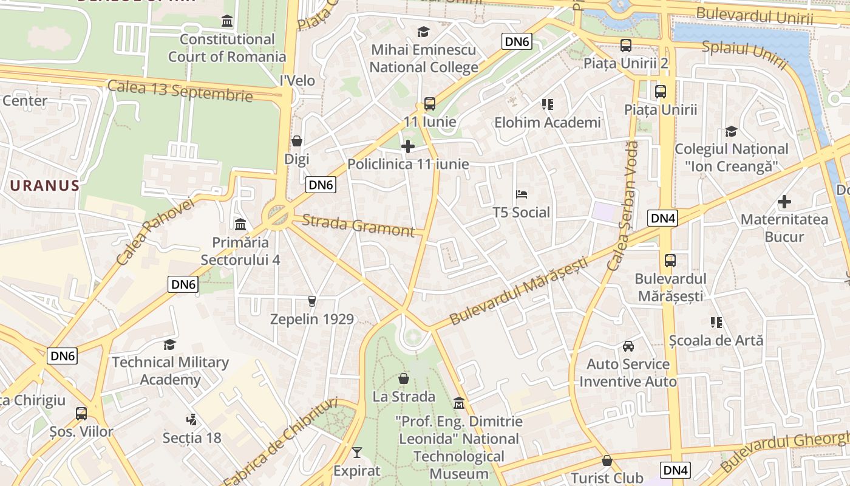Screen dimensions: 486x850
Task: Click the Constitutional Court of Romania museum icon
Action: click(227, 21)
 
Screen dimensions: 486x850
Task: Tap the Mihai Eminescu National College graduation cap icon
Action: click(423, 32)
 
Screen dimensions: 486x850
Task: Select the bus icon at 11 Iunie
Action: click(430, 104)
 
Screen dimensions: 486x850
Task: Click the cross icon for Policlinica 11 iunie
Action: click(408, 146)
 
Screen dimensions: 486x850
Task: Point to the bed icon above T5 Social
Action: click(521, 194)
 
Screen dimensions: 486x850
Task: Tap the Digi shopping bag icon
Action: click(297, 141)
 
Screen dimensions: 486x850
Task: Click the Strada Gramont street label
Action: click(358, 225)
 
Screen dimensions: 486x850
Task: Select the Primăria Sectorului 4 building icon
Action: click(240, 225)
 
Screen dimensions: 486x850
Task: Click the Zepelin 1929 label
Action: click(311, 319)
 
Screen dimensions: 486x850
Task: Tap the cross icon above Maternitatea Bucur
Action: click(784, 201)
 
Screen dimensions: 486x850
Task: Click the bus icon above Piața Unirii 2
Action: click(625, 45)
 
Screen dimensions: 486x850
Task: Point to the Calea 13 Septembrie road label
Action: click(180, 90)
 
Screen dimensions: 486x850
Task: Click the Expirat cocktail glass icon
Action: click(356, 453)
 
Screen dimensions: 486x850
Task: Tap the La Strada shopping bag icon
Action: click(404, 378)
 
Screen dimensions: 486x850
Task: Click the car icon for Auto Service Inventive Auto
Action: click(628, 346)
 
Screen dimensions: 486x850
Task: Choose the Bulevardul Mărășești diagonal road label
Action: click(519, 290)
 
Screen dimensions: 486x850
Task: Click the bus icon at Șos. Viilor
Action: click(81, 414)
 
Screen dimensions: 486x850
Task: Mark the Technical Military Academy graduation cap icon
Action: click(170, 344)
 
